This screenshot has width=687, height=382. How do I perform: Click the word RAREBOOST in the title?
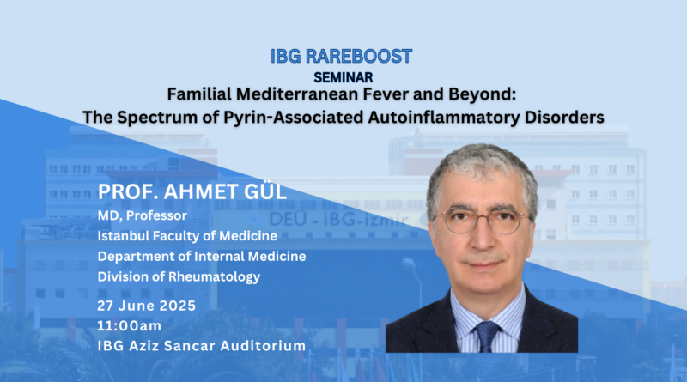[358, 56]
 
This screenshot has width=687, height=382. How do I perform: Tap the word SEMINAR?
[343, 77]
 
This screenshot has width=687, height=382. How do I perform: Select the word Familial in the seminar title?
[199, 94]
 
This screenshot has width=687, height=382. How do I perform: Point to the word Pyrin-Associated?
[294, 118]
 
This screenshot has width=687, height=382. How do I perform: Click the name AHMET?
[199, 192]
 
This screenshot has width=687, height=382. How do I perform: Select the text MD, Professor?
[142, 215]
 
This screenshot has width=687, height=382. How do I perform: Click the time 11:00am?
[130, 326]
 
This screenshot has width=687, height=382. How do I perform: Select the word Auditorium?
[263, 346]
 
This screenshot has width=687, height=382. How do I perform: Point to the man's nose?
[483, 237]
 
